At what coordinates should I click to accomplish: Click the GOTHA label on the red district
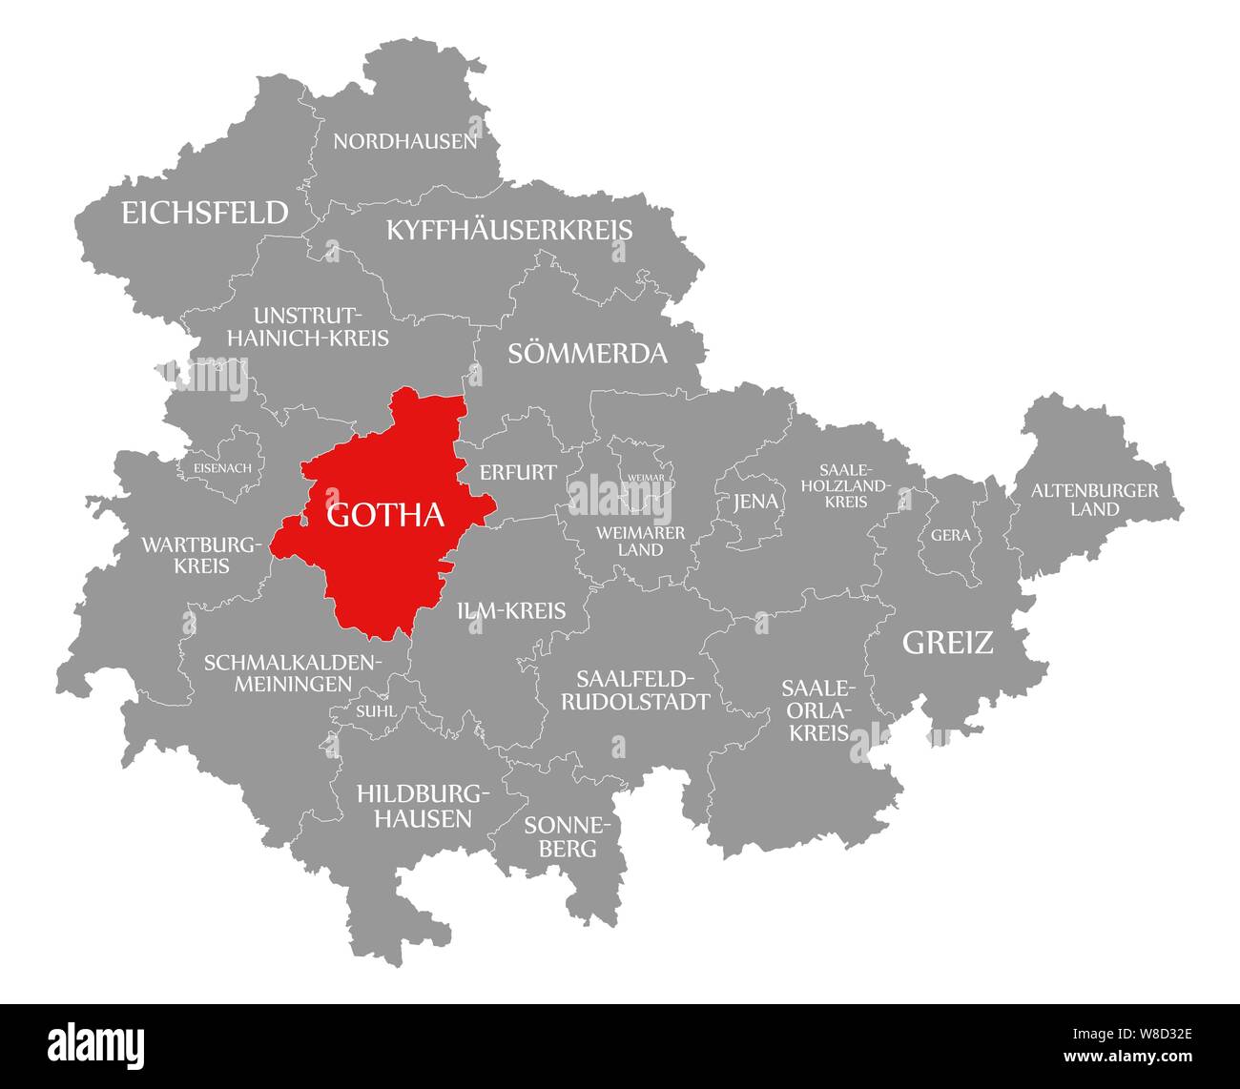click(x=385, y=515)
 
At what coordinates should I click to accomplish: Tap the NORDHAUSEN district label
click(x=404, y=142)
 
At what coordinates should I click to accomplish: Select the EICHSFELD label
click(x=204, y=213)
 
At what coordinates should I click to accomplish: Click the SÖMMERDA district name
click(x=588, y=354)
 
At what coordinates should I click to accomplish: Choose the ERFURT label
click(x=518, y=472)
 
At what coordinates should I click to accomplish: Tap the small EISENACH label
click(x=222, y=468)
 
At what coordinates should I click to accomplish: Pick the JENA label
click(x=755, y=502)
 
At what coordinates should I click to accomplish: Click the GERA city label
click(x=950, y=535)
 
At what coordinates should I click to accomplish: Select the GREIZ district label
click(x=947, y=643)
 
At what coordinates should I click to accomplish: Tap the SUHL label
click(x=370, y=710)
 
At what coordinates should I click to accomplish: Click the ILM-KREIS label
click(x=511, y=611)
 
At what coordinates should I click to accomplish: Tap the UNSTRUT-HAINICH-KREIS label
click(x=307, y=326)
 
